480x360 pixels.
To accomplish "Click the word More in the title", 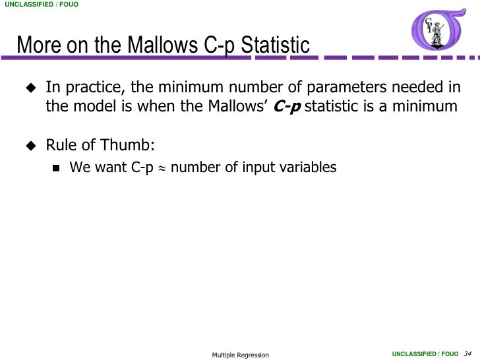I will pos(37,45).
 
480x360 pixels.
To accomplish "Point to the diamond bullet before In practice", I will pos(30,88).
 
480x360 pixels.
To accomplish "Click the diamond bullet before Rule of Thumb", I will pos(30,144).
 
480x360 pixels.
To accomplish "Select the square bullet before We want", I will pos(56,167).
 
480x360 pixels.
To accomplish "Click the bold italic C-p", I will pos(287,107).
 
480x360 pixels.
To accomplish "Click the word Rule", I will pos(60,144).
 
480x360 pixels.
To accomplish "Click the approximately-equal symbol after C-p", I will pos(162,168).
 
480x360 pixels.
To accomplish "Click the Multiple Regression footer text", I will pos(240,355).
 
